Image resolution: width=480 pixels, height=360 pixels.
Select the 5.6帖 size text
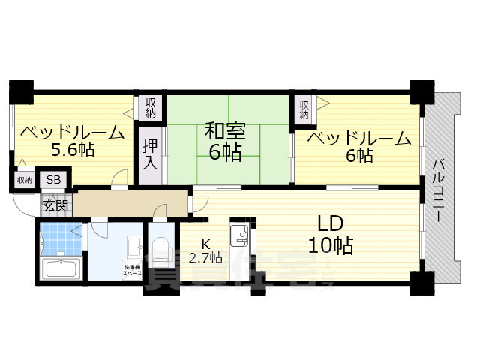[72, 150]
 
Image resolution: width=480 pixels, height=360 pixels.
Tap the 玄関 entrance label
[54, 203]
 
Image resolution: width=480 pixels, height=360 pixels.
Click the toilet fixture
[160, 250]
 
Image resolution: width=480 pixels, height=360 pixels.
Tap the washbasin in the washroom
[134, 247]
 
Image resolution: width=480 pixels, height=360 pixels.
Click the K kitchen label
[205, 244]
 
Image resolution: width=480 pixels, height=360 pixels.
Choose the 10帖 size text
[331, 245]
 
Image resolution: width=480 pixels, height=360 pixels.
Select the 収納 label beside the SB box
[24, 180]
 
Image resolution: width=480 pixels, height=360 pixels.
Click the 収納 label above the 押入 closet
[151, 106]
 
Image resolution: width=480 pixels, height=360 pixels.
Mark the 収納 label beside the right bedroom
[304, 109]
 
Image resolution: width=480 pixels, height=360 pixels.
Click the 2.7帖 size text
[205, 258]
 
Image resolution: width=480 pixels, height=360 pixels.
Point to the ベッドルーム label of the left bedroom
[72, 133]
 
